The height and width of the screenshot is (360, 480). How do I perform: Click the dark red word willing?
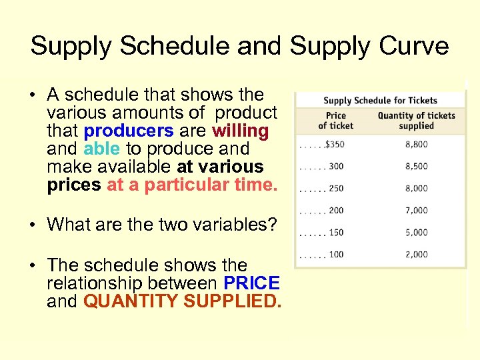pos(240,131)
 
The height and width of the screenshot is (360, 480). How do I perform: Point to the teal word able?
pos(101,149)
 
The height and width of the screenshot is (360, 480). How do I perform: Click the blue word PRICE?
pos(251,283)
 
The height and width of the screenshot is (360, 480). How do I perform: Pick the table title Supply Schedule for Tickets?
pos(380,101)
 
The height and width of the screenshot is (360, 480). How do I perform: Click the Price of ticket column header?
pos(336,121)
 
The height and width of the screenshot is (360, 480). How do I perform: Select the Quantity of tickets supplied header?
pos(416,121)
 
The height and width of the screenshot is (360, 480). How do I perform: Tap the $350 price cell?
pos(335,144)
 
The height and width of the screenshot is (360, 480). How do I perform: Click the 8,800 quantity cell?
pos(416,144)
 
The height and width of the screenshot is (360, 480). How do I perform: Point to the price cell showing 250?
pos(336,189)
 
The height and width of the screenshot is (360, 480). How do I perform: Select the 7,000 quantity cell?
pos(416,211)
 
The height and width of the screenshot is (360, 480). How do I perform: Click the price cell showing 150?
pos(336,233)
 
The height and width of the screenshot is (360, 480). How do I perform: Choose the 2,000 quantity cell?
pos(416,255)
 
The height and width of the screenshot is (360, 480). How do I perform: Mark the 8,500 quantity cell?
pos(416,166)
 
